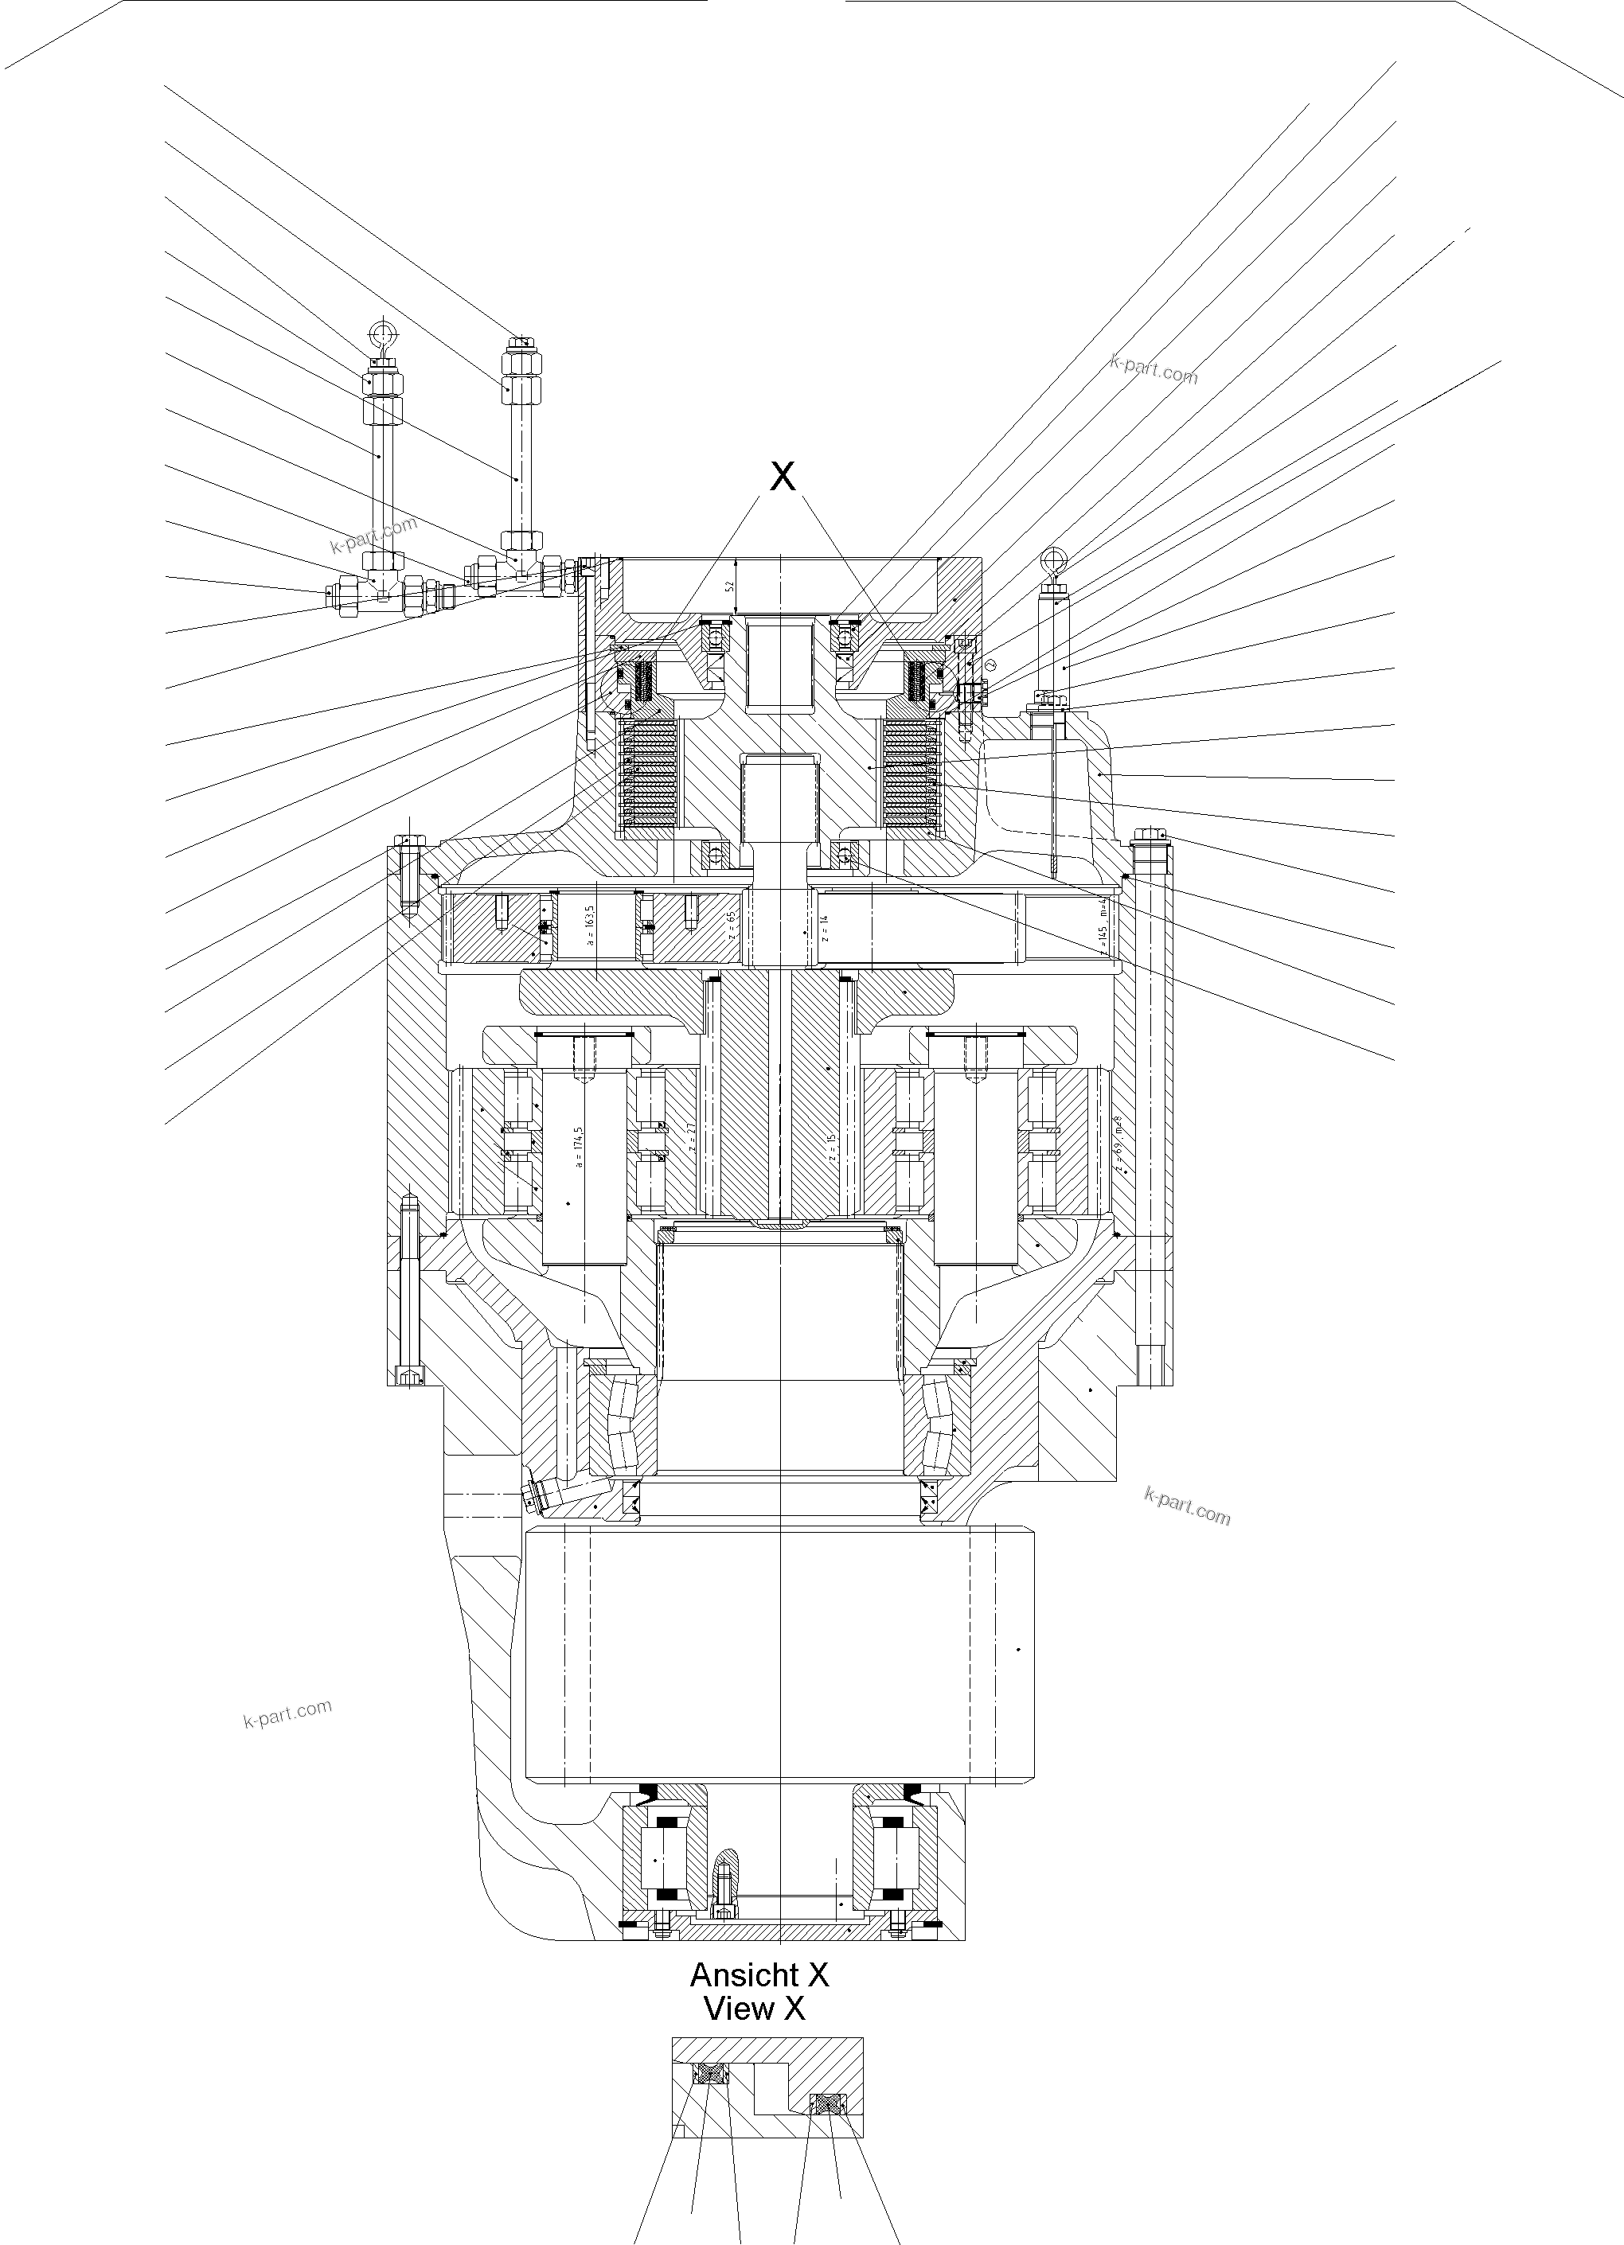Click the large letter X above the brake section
tap(783, 477)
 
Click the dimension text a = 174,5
tap(580, 1148)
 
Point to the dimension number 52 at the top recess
tap(731, 585)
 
